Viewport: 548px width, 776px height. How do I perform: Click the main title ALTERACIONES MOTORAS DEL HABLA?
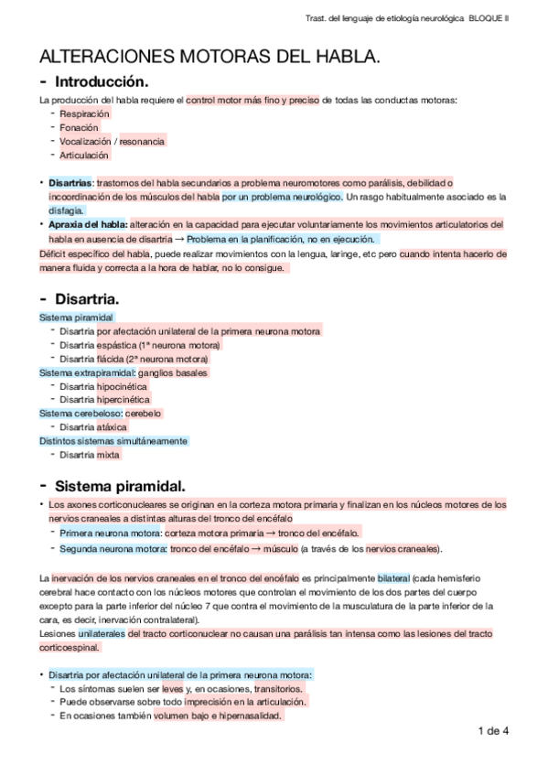(210, 59)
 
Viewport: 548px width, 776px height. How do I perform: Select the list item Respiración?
(84, 113)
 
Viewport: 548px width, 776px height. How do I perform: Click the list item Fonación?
(79, 128)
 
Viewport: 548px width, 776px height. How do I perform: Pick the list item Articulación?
(84, 156)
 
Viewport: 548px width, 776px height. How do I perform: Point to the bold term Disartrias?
(70, 183)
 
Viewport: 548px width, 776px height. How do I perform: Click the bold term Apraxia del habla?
(88, 224)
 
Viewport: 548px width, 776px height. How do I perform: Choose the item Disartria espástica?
(140, 345)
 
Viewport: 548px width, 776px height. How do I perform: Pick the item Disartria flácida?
(134, 359)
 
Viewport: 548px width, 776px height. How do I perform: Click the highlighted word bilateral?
(394, 578)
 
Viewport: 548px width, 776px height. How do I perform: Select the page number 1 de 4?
(492, 730)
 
